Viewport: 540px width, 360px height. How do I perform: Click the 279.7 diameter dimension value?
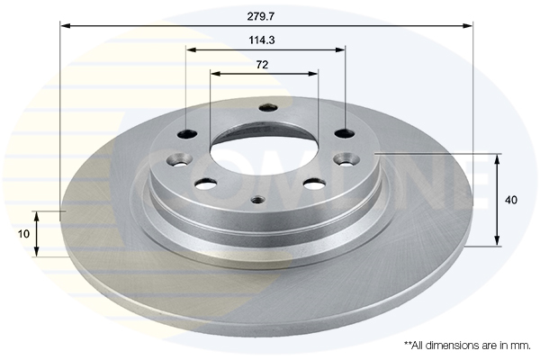click(266, 14)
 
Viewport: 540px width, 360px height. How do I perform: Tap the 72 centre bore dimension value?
click(263, 64)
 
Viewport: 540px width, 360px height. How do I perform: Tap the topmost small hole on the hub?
click(266, 108)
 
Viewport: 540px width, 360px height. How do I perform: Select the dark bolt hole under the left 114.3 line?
click(187, 135)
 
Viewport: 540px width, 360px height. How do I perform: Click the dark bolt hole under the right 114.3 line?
click(345, 133)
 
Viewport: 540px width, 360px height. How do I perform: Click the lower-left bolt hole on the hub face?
click(206, 184)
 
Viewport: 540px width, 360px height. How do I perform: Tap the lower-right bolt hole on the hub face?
click(314, 184)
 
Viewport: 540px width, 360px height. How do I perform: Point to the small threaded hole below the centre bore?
click(257, 200)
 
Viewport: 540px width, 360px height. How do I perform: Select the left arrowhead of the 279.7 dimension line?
click(64, 25)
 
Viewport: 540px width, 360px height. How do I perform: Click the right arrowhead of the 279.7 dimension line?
click(469, 25)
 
